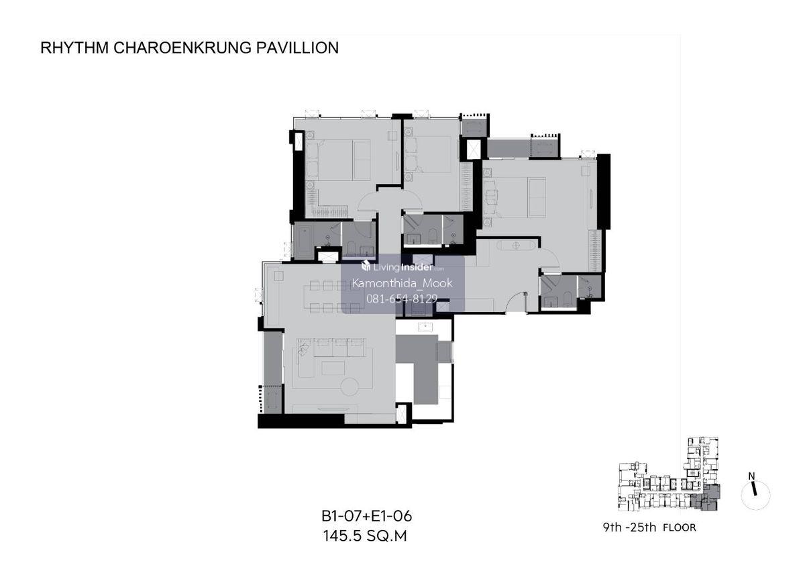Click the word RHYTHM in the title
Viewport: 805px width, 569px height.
[74, 48]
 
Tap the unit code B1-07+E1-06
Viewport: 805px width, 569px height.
[366, 517]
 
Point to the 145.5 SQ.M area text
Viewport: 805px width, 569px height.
[365, 536]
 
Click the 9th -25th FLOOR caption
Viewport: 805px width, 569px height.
[649, 527]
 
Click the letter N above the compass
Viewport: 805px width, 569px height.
[751, 476]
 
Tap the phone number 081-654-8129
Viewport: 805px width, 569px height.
[402, 299]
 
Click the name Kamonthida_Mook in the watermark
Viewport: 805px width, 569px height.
[402, 283]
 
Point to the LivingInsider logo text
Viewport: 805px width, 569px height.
[402, 267]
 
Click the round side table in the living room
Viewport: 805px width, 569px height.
[350, 386]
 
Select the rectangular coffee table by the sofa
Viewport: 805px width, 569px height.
[333, 368]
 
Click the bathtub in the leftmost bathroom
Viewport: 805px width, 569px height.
[305, 241]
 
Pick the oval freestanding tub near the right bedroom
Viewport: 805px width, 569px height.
[516, 246]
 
